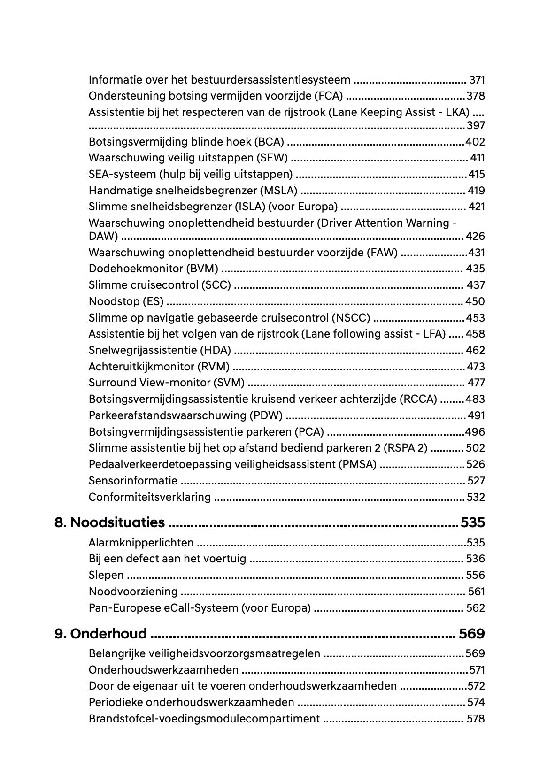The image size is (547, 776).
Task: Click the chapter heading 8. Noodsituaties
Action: (110, 522)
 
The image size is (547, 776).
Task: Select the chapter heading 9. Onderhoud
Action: (101, 634)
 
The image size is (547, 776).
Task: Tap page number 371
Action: (477, 80)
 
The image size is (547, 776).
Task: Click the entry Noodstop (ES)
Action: (126, 301)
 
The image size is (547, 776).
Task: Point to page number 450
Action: (475, 301)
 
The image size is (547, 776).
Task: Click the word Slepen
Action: (106, 575)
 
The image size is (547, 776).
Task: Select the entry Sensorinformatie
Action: (133, 481)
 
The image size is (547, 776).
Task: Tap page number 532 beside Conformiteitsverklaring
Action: (475, 497)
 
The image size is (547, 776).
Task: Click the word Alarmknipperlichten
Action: (141, 543)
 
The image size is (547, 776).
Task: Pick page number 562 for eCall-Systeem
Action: (475, 608)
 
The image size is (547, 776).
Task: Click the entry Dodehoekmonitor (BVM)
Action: (153, 269)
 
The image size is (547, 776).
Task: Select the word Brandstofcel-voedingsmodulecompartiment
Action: (204, 719)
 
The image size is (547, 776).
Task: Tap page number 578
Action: (475, 719)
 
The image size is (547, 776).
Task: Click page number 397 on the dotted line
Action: (475, 125)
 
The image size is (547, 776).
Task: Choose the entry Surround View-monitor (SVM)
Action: (166, 383)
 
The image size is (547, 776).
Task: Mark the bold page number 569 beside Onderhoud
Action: (471, 634)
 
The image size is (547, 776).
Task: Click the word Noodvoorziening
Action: (133, 592)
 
